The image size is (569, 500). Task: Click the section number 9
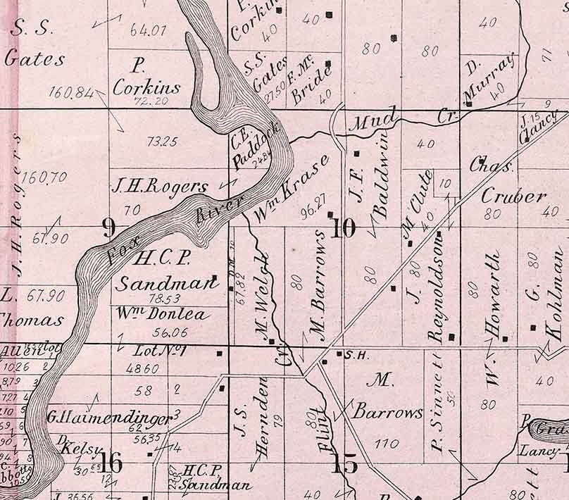click(108, 227)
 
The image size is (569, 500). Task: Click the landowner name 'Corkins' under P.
click(146, 89)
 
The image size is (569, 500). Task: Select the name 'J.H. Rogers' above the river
click(160, 187)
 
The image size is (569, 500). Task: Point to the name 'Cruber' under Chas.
click(513, 196)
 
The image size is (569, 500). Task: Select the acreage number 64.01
click(148, 30)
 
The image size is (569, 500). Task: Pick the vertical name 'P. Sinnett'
click(439, 401)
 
